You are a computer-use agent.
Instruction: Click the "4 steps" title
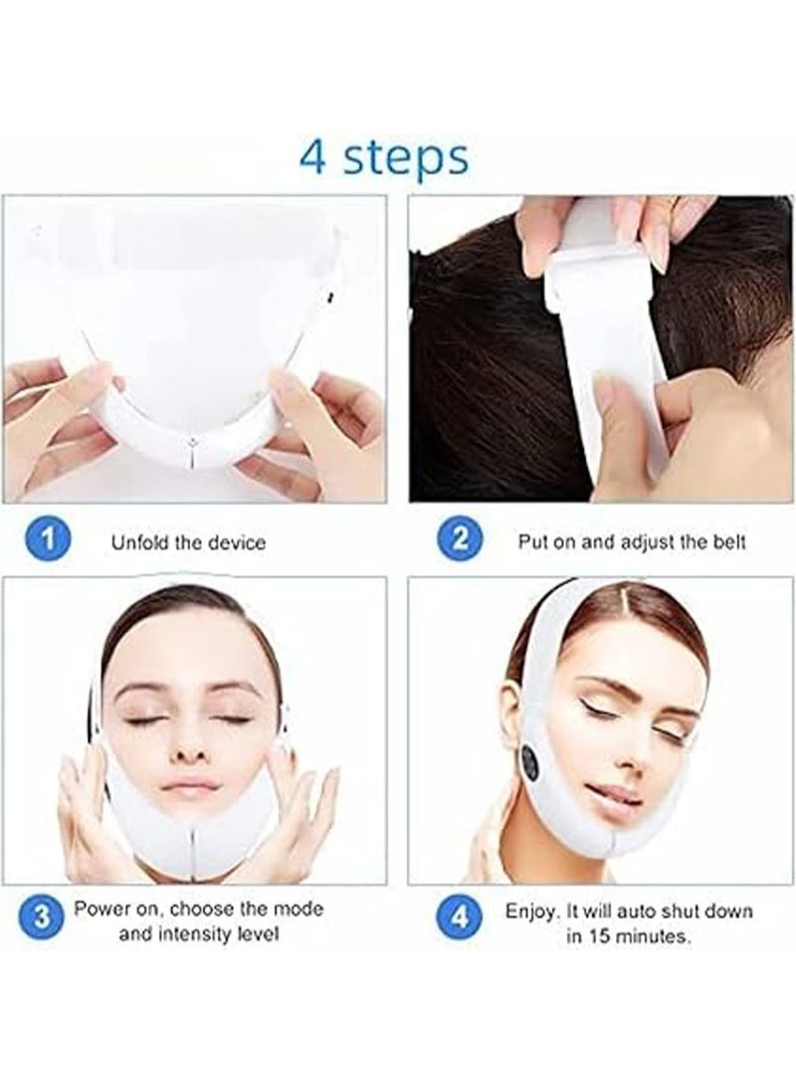[384, 156]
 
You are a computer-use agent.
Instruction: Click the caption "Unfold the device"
[188, 543]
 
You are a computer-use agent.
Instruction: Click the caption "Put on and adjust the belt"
[631, 543]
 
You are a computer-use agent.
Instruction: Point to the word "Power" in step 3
[101, 909]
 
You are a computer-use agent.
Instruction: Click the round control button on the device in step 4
[531, 763]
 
